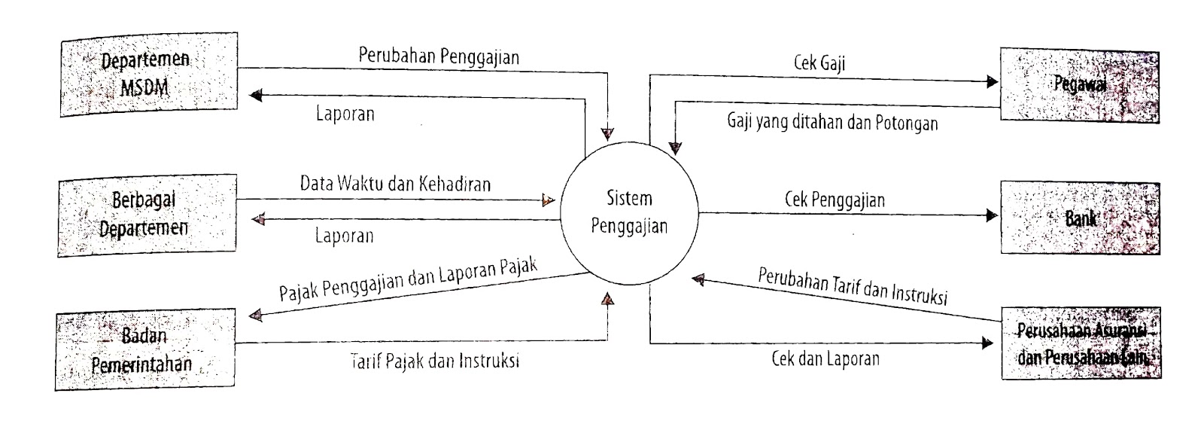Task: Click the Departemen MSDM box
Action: point(148,74)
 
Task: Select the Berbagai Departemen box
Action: point(147,215)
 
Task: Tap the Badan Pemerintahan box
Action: point(144,350)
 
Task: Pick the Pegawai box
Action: point(1079,85)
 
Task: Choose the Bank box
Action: point(1079,218)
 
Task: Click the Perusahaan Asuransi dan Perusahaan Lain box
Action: point(1079,345)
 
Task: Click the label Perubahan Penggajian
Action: point(438,56)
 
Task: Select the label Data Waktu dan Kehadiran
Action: point(395,183)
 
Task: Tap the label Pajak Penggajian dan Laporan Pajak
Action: point(408,279)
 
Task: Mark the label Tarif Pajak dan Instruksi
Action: point(434,361)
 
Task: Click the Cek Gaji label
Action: point(819,63)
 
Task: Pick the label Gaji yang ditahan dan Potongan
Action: point(832,122)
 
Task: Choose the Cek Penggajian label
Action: point(835,200)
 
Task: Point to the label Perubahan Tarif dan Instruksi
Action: point(852,285)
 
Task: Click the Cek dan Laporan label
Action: point(825,358)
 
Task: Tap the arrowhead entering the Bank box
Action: point(992,215)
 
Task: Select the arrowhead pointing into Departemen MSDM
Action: point(256,96)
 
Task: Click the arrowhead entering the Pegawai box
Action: point(992,82)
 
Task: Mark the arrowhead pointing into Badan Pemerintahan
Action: point(256,316)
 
